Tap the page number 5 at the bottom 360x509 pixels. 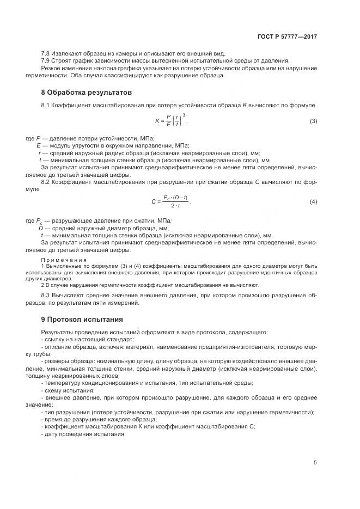click(315, 463)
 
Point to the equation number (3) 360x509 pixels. click(313, 121)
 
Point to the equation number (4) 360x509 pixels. click(313, 202)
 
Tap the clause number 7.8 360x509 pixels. click(46, 53)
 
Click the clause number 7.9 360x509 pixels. click(46, 60)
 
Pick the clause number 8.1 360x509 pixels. click(46, 104)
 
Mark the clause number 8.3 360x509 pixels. click(46, 295)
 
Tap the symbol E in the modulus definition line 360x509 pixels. click(39, 146)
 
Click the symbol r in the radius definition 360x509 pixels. click(40, 154)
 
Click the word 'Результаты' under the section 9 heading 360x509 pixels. click(57, 332)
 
